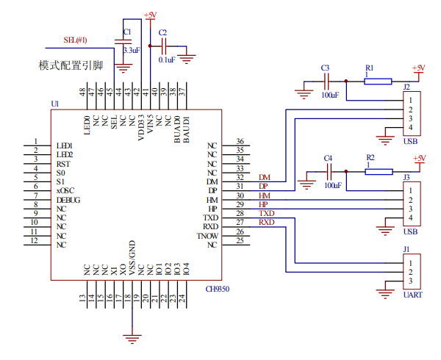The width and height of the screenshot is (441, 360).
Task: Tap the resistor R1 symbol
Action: [378, 82]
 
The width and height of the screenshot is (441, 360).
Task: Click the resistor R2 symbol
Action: [379, 171]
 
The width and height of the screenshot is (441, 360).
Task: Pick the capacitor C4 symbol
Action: [329, 171]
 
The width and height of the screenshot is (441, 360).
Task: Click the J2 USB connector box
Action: [411, 113]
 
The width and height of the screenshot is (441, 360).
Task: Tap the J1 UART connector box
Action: [411, 272]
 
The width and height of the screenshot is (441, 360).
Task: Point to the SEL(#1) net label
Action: [76, 40]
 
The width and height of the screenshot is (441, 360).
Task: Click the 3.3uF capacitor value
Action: [131, 51]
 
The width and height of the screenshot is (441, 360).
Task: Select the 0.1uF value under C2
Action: [166, 60]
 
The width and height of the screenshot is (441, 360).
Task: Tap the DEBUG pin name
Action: [68, 201]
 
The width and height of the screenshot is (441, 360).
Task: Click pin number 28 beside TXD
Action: [240, 214]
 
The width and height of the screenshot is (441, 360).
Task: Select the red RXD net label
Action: [266, 222]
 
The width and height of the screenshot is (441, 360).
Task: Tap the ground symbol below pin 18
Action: [132, 338]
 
